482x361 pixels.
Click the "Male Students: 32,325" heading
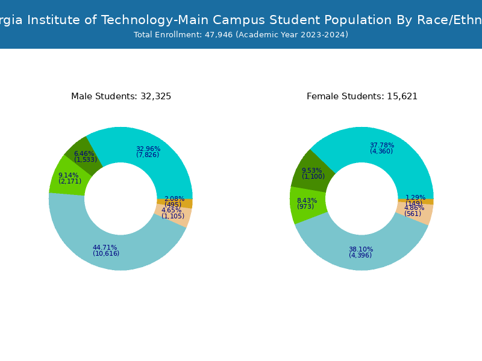121,96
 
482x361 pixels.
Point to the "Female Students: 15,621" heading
362,96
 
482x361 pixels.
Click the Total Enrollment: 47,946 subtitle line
241,35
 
